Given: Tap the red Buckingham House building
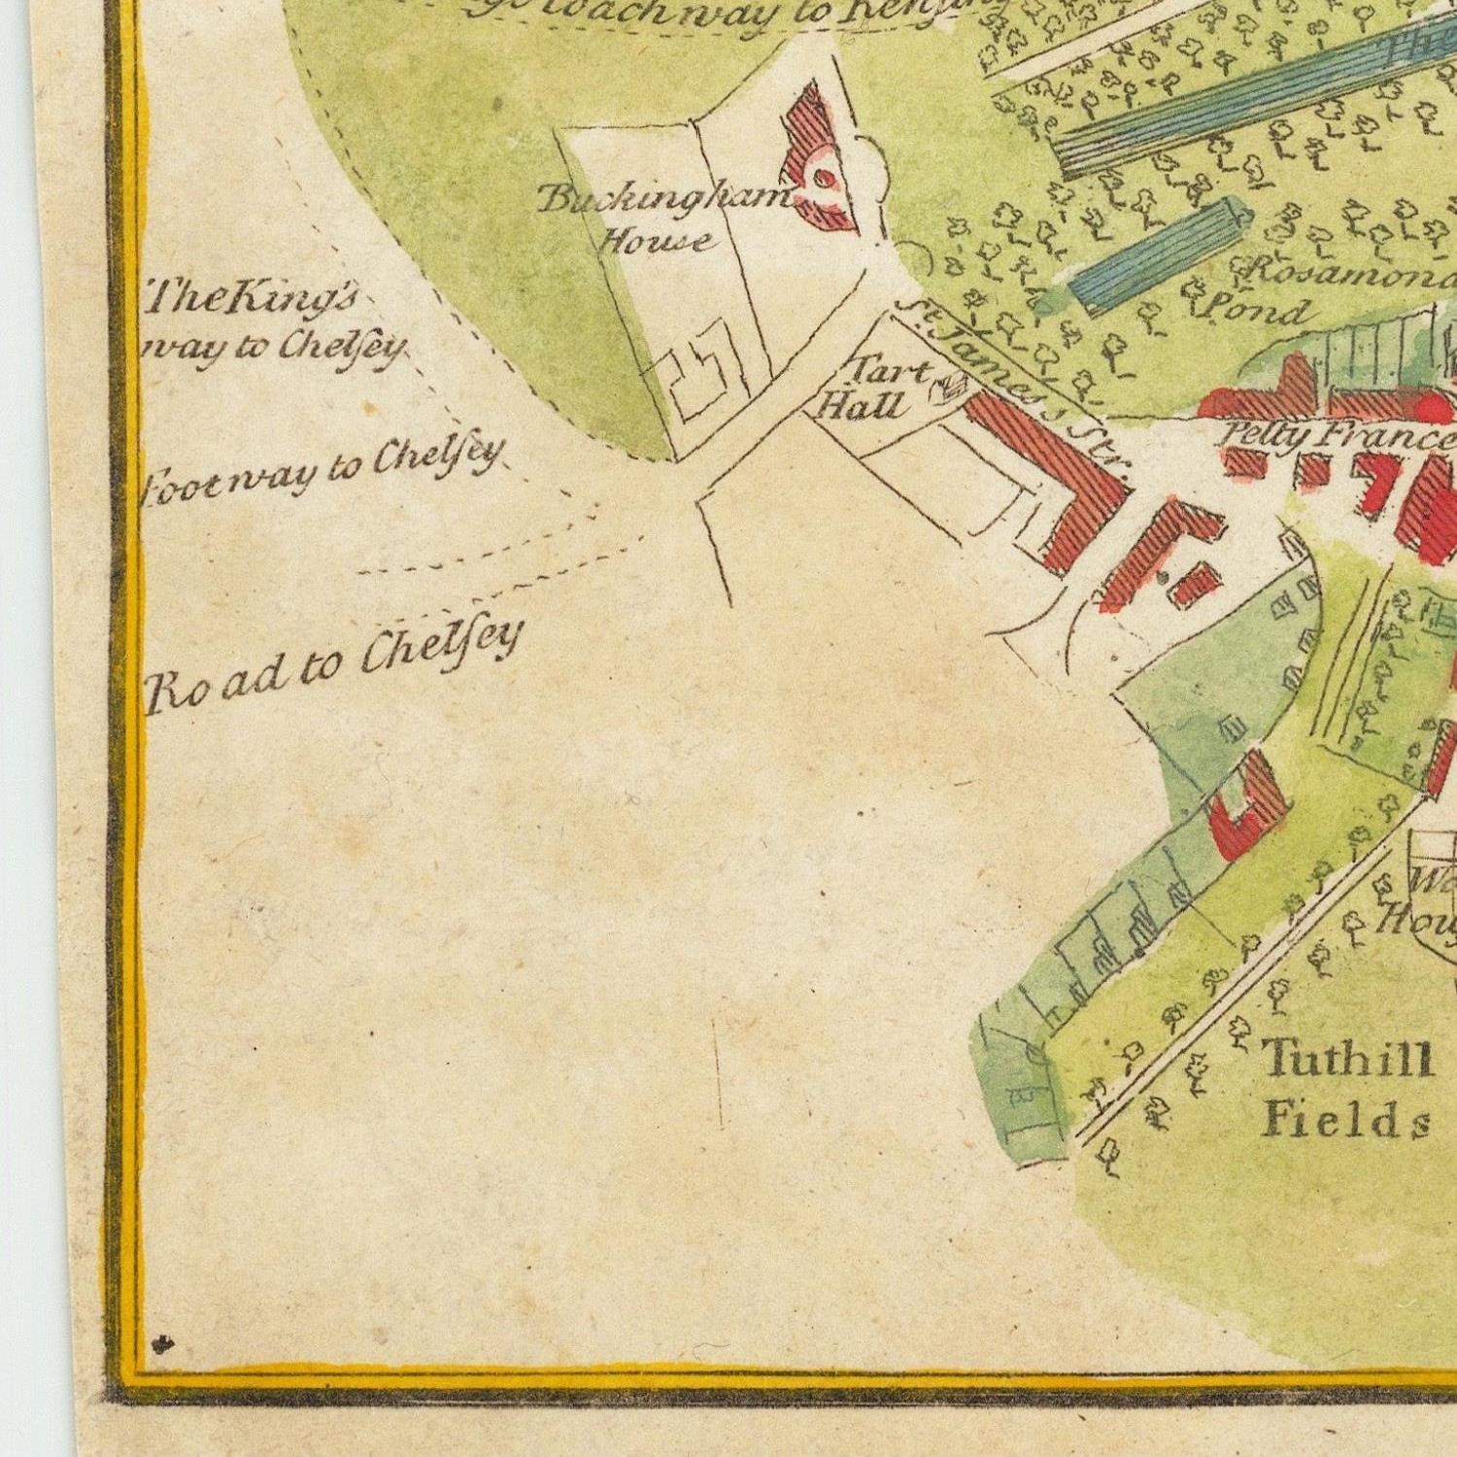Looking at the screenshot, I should click(816, 165).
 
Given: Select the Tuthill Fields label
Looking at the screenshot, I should click(1346, 1088).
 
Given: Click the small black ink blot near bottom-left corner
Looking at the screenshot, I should click(161, 1344).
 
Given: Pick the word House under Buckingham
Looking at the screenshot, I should click(651, 239).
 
